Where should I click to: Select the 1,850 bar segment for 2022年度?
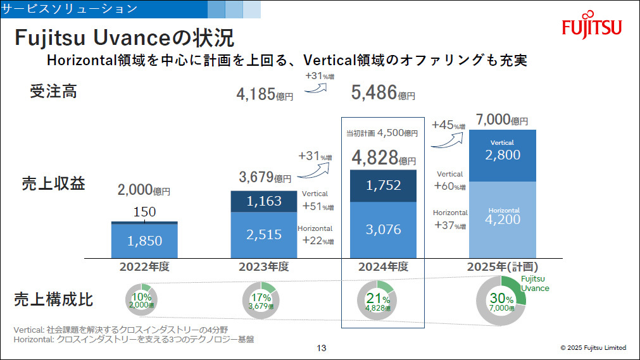tap(144, 240)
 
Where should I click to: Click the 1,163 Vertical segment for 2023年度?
tap(263, 201)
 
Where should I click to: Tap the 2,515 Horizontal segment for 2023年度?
tap(263, 235)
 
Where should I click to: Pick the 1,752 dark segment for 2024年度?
tap(384, 186)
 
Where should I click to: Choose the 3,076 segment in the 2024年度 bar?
tap(384, 230)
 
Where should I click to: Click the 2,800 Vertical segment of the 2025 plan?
tap(502, 156)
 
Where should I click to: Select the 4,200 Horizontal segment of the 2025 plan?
tap(502, 219)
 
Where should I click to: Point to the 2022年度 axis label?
tap(144, 266)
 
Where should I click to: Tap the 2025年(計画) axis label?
tap(503, 266)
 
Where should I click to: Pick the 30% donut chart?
tap(501, 301)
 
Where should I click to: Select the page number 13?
tap(321, 347)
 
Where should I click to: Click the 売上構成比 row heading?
tap(54, 299)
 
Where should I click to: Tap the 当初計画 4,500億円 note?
tap(382, 133)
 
